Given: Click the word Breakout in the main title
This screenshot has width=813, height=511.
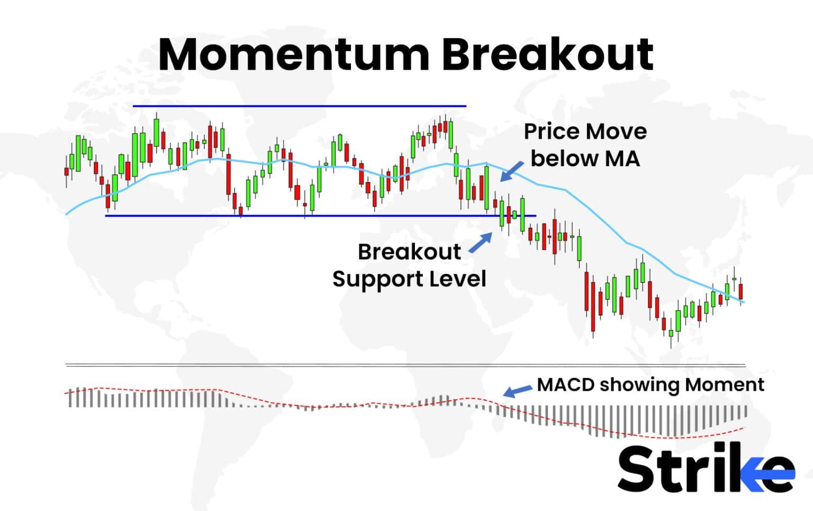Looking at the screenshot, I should (548, 55).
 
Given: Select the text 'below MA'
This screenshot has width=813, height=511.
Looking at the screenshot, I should (585, 158).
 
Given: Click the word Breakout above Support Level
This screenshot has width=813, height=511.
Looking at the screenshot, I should (409, 252).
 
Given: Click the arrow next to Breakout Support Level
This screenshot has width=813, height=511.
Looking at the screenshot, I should (480, 244).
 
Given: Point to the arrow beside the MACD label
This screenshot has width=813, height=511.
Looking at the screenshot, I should (517, 391).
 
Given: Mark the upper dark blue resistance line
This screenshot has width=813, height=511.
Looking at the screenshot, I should (299, 106).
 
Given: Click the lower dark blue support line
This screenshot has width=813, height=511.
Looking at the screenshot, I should (320, 216).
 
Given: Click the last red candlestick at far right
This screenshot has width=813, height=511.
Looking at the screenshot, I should (741, 291).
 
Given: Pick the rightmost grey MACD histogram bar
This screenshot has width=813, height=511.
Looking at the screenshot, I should (746, 411).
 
